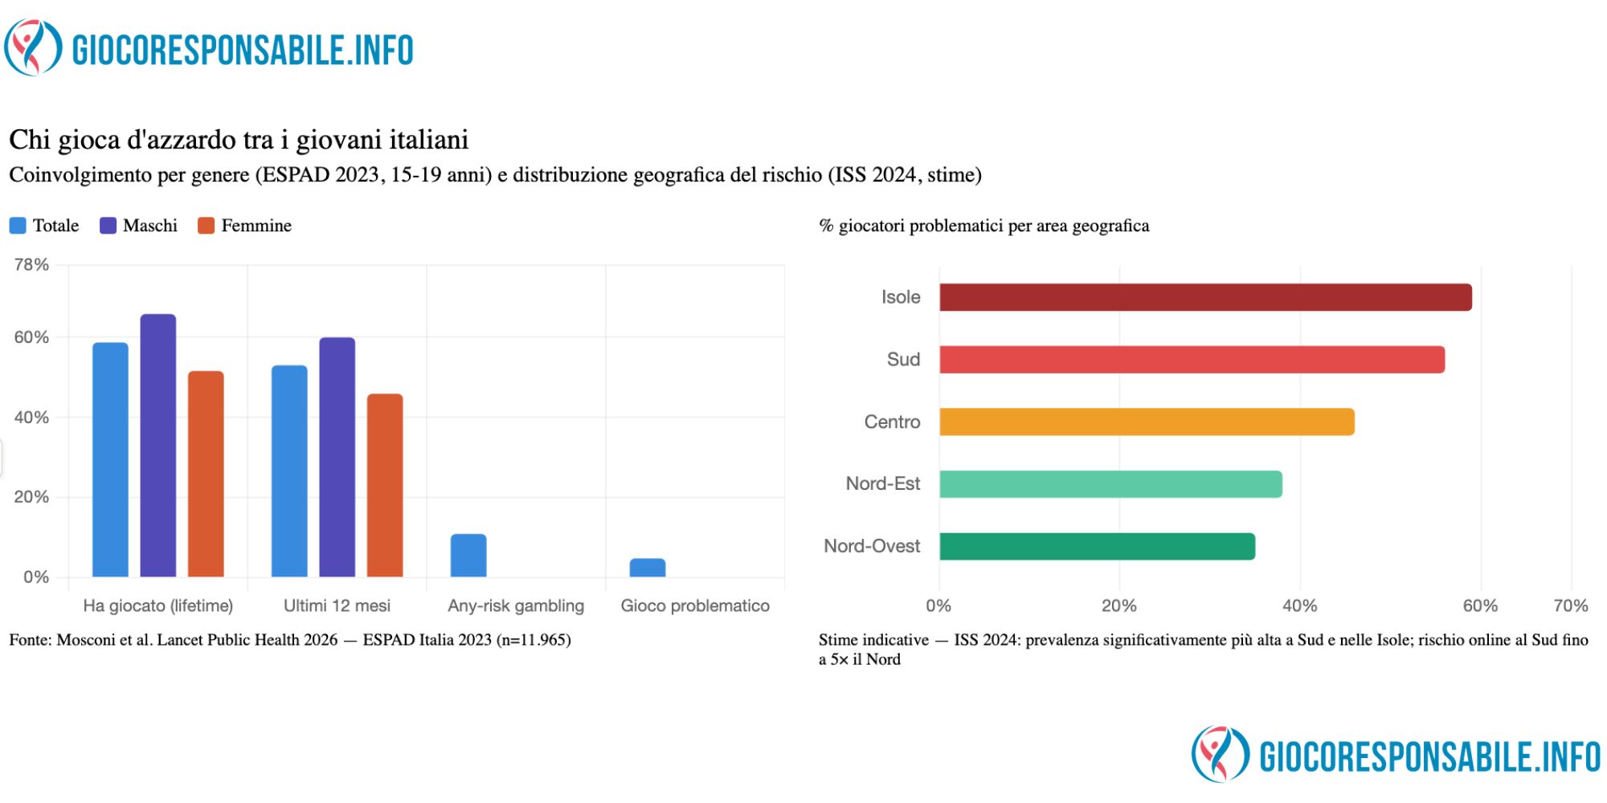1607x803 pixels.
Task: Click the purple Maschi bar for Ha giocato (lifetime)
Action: [x=158, y=446]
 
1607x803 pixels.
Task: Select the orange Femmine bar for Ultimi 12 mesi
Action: [x=385, y=485]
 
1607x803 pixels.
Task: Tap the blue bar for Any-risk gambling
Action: [x=468, y=556]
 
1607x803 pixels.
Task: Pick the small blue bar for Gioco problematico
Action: [x=648, y=568]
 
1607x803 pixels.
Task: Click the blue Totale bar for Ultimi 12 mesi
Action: [x=289, y=471]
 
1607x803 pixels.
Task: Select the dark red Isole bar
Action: [x=1205, y=297]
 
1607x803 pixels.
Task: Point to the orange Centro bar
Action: [x=1147, y=422]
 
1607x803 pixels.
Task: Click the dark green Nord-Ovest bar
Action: [x=1097, y=547]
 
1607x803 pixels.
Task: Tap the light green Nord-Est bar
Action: [x=1110, y=484]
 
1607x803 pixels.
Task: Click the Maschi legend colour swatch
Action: [x=108, y=226]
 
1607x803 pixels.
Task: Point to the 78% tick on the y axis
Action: [x=31, y=265]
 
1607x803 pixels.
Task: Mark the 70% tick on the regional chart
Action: [x=1571, y=606]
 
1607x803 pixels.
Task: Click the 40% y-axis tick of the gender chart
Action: [x=31, y=418]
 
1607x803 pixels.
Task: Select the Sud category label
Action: [x=903, y=360]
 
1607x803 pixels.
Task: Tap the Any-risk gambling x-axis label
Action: [x=516, y=606]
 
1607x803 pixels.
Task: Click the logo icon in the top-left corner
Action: [x=33, y=48]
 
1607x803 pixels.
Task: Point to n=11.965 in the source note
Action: [x=531, y=640]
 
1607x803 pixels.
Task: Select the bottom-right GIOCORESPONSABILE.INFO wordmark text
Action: [x=1429, y=757]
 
